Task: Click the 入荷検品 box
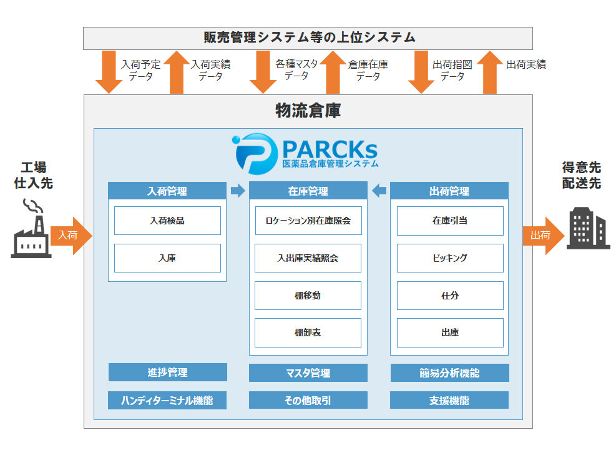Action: pos(167,221)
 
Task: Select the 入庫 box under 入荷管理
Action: pos(167,258)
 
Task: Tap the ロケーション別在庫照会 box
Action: pos(308,221)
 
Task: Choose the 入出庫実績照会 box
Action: pos(308,258)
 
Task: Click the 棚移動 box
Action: pos(308,296)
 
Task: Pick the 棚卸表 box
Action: pos(308,333)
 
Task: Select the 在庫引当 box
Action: pos(450,221)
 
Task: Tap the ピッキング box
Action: pos(450,258)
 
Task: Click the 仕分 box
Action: pos(450,296)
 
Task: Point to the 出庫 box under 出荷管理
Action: pos(450,333)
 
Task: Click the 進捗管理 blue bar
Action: pos(167,372)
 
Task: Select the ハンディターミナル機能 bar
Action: pos(167,400)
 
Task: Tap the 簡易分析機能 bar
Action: pos(449,373)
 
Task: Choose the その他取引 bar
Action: pos(308,400)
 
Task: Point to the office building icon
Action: pos(588,229)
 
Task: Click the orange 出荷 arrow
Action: pos(542,236)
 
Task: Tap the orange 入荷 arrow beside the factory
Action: pos(71,236)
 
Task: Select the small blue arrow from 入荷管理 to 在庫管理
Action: pos(238,191)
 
